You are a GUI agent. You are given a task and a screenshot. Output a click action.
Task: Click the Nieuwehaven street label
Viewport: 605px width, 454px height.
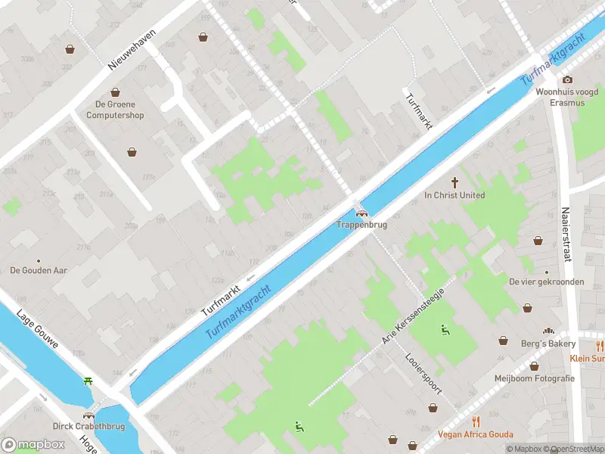click(x=132, y=50)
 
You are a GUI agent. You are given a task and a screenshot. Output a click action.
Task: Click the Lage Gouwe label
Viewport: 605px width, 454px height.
click(x=47, y=332)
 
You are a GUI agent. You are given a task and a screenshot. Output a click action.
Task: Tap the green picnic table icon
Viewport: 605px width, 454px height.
click(x=89, y=381)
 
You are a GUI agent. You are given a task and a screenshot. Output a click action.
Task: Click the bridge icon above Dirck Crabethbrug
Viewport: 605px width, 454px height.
click(x=89, y=415)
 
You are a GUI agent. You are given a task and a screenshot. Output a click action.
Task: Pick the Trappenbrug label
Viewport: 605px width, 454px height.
click(x=361, y=225)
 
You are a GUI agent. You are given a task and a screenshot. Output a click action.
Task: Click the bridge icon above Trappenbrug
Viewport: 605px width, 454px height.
click(x=361, y=213)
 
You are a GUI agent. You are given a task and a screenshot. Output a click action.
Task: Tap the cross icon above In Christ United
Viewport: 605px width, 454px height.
click(x=455, y=182)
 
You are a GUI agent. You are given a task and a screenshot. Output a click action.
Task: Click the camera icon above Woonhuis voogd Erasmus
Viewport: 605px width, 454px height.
click(x=566, y=79)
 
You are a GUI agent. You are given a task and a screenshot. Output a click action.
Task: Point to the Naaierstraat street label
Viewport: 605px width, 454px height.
click(x=565, y=235)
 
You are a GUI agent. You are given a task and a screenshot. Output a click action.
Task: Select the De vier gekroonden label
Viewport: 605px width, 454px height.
click(x=546, y=281)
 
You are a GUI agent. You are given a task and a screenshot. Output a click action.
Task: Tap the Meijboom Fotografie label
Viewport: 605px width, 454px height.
click(x=534, y=378)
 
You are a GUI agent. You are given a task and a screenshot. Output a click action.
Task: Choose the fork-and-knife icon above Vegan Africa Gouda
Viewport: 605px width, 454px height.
click(x=476, y=421)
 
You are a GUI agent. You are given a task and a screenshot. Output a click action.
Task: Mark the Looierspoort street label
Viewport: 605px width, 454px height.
click(x=423, y=374)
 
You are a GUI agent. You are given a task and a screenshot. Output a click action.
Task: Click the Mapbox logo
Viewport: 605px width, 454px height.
click(x=33, y=444)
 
